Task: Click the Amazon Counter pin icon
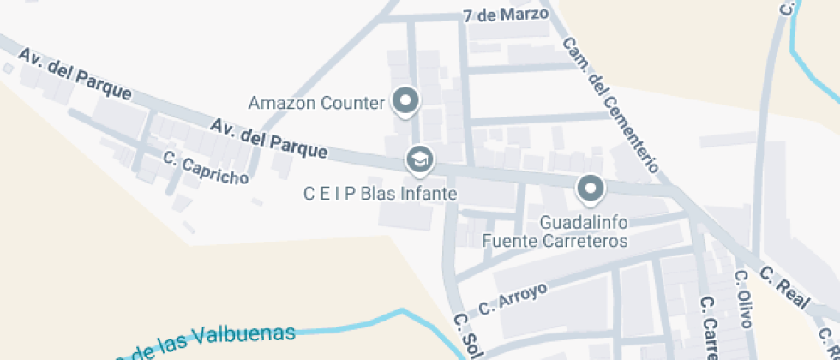click(x=405, y=101)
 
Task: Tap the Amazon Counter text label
click(x=316, y=104)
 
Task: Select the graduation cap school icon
click(x=419, y=159)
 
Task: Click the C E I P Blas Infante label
click(x=380, y=194)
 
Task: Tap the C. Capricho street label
click(x=206, y=168)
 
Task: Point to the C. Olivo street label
click(x=743, y=299)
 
